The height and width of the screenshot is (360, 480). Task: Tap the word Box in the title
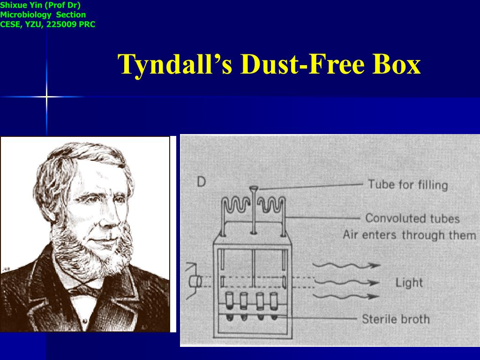tap(397, 64)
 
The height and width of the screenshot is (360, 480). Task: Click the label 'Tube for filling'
tap(408, 184)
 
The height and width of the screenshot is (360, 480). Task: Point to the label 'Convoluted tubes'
tap(412, 218)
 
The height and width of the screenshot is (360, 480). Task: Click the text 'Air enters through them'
tap(409, 234)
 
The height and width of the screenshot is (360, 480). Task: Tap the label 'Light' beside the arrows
tap(409, 283)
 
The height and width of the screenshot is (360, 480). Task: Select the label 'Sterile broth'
tap(396, 319)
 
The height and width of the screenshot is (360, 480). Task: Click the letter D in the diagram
tap(201, 182)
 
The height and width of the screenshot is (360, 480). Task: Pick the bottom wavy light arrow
tap(346, 296)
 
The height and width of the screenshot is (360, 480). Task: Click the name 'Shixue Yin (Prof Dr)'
tap(40, 6)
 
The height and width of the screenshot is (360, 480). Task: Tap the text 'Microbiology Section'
tap(43, 15)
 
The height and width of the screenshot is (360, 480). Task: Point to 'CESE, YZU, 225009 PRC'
tap(48, 24)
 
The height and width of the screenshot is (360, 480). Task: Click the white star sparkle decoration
tap(46, 97)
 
